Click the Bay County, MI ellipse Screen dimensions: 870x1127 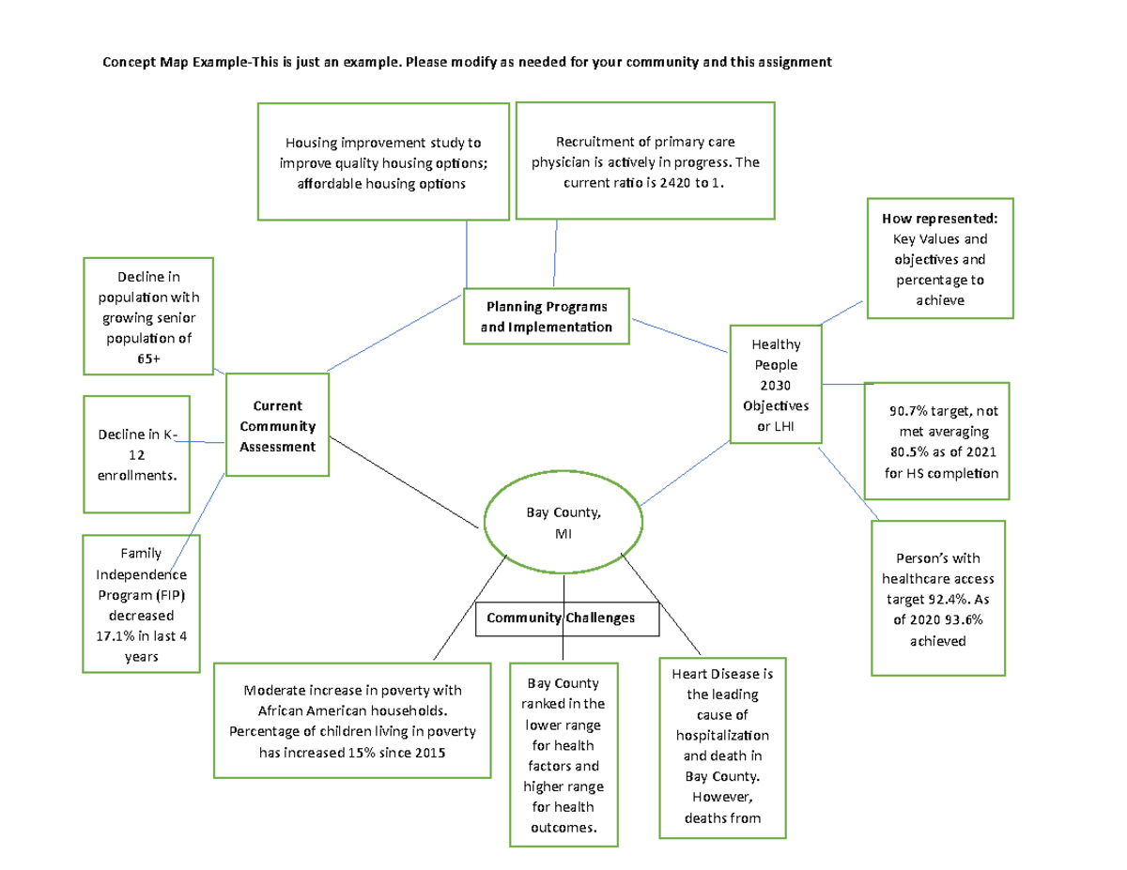[x=563, y=523]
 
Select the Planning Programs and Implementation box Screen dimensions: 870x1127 [x=547, y=316]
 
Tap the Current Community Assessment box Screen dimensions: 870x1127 [x=277, y=426]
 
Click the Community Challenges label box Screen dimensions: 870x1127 [x=567, y=618]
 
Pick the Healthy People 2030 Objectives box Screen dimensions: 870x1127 [x=776, y=383]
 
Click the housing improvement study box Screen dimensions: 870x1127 [x=382, y=162]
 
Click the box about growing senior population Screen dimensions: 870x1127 [x=149, y=317]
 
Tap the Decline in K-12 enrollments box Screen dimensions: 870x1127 [x=136, y=454]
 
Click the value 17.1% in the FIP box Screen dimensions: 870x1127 [x=104, y=636]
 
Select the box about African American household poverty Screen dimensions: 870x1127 [x=352, y=721]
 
